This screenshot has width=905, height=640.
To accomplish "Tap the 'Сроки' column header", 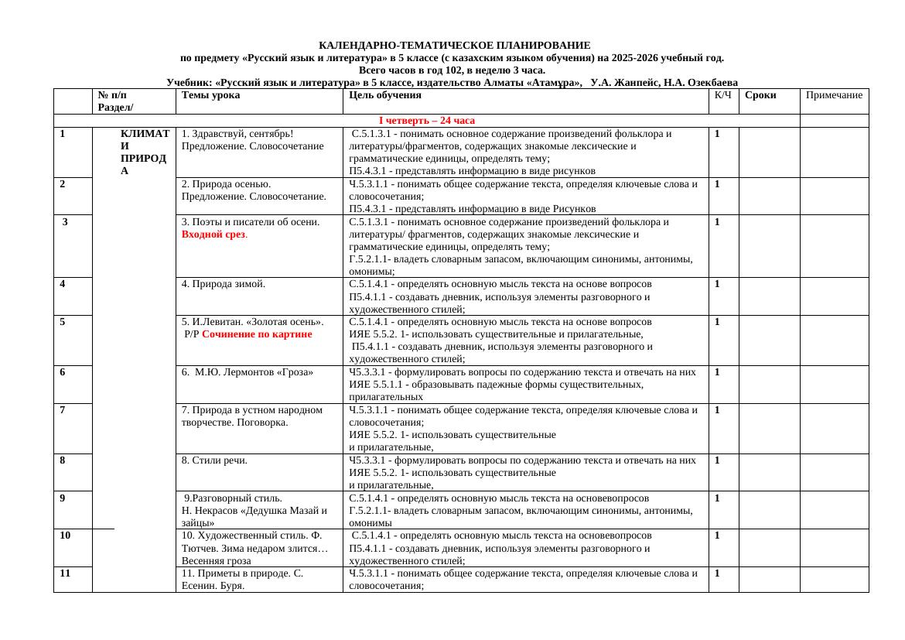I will point(760,96).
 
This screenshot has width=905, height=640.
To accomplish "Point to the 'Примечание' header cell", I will point(834,96).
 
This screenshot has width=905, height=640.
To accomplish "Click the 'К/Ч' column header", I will point(723,96).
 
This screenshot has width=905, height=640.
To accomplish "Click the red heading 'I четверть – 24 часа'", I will point(426,121).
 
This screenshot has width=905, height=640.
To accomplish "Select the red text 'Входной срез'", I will point(213,234).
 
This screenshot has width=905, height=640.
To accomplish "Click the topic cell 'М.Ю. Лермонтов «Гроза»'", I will point(247,372).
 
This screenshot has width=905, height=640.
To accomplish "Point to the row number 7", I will point(63,410).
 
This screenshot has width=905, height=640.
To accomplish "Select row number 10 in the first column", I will point(65,536).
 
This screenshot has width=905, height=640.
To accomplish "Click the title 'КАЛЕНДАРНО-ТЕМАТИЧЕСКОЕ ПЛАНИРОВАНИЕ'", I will point(454,46).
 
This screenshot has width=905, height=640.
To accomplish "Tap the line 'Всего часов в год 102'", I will point(452,70).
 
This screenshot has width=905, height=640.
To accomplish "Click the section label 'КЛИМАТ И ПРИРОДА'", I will point(145,153).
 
